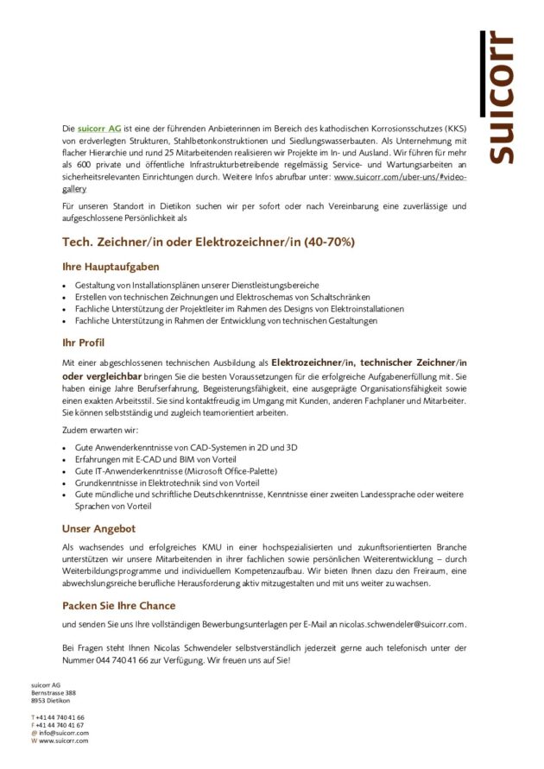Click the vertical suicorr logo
[499, 97]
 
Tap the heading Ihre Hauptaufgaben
[111, 267]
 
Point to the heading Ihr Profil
[84, 343]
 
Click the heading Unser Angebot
[98, 527]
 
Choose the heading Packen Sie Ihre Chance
[119, 605]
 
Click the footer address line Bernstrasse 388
[54, 692]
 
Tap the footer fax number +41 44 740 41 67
[60, 725]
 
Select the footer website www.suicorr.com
[63, 741]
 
